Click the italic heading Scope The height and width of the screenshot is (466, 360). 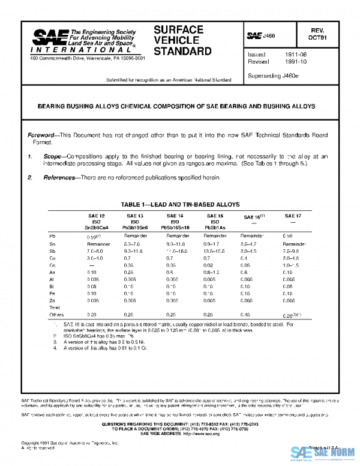pos(53,156)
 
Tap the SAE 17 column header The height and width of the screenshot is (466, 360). pos(290,215)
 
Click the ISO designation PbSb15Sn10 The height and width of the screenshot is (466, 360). pos(173,228)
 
